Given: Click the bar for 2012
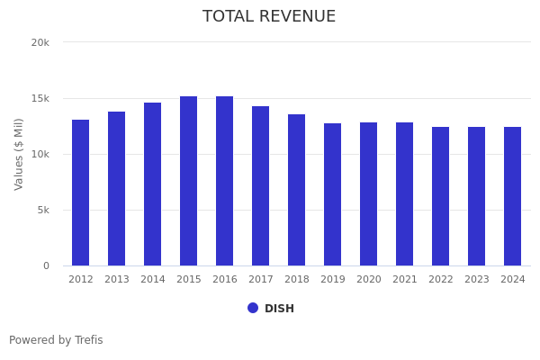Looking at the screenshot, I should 81,193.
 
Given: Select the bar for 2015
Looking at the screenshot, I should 189,181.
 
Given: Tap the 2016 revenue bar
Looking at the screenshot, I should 225,181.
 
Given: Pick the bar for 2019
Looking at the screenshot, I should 333,194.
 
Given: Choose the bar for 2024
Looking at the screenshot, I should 512,196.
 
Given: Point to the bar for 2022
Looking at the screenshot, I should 441,196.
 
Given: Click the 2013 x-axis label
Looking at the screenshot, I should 117,280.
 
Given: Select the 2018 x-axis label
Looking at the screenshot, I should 297,280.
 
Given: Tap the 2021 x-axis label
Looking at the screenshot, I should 405,280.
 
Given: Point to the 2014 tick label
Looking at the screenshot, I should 153,280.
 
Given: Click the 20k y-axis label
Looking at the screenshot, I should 40,42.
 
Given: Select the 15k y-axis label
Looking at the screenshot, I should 40,98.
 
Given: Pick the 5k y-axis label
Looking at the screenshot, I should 42,210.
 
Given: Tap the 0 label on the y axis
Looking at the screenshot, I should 45,265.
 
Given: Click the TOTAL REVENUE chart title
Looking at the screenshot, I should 269,17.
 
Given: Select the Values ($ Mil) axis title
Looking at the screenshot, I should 19,154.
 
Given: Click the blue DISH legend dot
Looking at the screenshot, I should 253,308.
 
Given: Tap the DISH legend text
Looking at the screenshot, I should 279,309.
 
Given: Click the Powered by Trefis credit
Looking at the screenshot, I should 56,340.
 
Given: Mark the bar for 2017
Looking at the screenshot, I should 261,185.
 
